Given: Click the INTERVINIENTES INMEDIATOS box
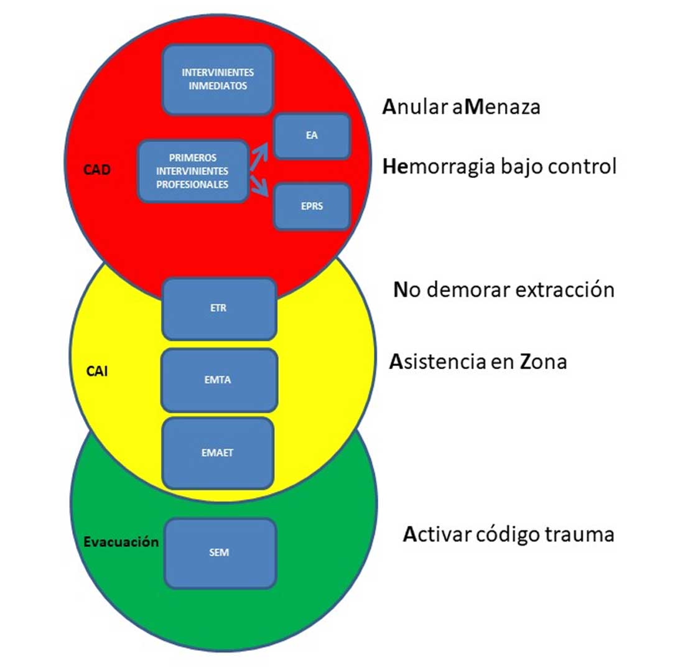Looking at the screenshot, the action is point(218,80).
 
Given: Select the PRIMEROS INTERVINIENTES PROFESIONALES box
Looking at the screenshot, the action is point(193,171).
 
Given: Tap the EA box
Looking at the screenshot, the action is point(312,136).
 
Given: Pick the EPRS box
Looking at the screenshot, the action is point(312,207).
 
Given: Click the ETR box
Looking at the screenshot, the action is point(219,309).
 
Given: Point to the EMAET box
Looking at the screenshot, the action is point(218,453).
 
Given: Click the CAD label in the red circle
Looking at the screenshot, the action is point(97,170).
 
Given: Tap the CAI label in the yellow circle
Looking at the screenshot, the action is point(97,371).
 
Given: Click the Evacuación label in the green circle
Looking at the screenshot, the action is point(121,542).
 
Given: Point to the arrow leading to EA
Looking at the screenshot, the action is point(259,156).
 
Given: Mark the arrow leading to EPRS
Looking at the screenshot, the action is point(259,186).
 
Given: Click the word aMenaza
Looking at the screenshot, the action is point(496,107).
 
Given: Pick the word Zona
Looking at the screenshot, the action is point(543,362).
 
